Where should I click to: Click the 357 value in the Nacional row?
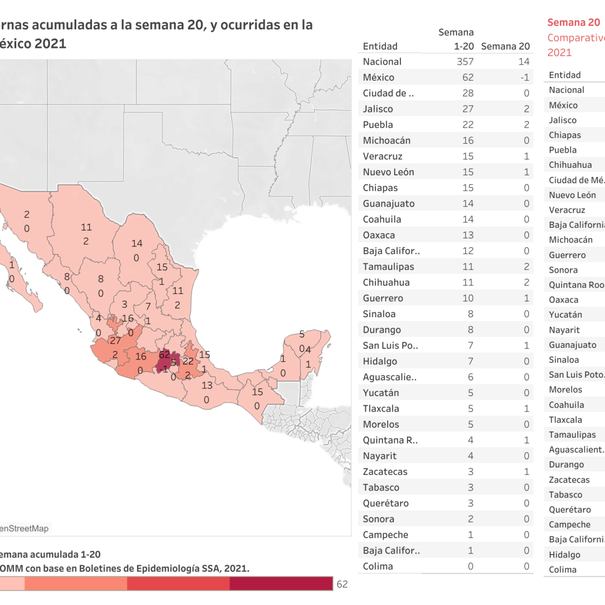coord(465,62)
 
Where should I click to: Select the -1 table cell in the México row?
coord(524,77)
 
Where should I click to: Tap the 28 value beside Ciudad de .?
coord(468,93)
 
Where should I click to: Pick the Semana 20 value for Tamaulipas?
coord(526,267)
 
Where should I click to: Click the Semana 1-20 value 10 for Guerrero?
coord(468,298)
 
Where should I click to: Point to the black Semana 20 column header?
coord(505,46)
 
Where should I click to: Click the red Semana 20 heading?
coord(574,23)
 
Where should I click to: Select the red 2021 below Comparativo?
coord(560,52)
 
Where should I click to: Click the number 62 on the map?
coord(164,355)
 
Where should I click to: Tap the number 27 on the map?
coord(115,341)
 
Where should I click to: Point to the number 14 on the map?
coord(137,244)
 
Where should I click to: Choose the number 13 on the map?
coord(207,386)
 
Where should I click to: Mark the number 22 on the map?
coord(188,361)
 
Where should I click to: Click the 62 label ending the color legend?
coord(342,584)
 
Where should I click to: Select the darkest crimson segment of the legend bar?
coord(281,584)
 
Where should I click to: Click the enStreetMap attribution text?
coord(24,528)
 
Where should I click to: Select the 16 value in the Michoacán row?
coord(468,141)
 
